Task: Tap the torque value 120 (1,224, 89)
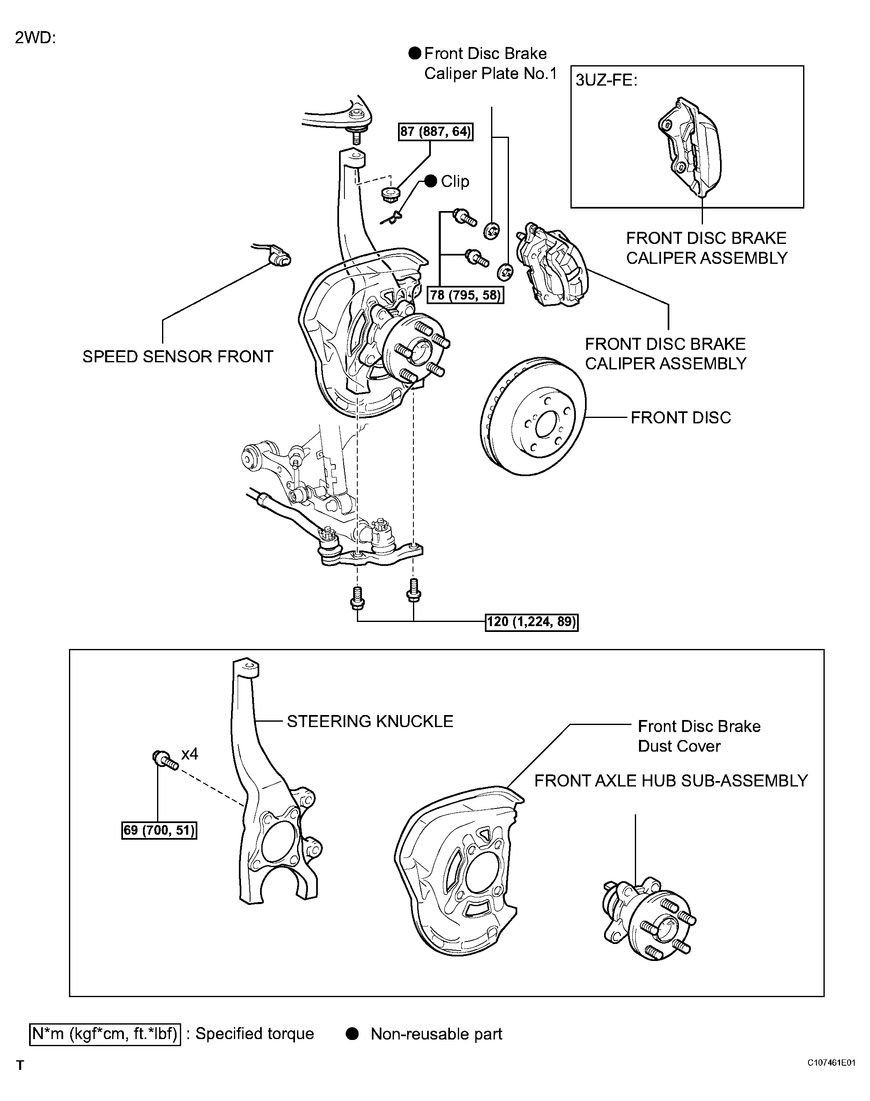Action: [x=532, y=622]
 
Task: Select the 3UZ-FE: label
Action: [x=606, y=81]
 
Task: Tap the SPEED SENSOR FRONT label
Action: [x=178, y=356]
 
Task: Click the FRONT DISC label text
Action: [x=681, y=418]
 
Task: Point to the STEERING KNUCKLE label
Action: [x=370, y=721]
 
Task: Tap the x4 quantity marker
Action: [x=189, y=754]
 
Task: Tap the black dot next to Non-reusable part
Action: [x=352, y=1034]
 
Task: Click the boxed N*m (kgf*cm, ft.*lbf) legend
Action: [x=106, y=1034]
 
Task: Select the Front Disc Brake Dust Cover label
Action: [x=699, y=736]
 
